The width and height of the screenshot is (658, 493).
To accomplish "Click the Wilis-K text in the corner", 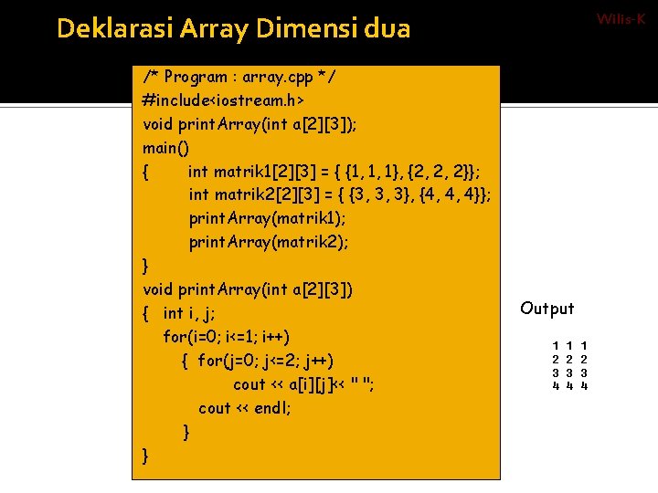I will click(621, 17).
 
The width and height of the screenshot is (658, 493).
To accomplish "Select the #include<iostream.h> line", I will click(224, 100).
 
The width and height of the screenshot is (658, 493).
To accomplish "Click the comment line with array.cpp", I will click(239, 77).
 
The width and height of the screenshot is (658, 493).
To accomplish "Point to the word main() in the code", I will click(166, 147).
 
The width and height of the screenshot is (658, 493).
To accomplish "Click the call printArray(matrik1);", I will click(268, 218).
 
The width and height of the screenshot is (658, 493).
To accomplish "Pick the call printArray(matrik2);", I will click(269, 242).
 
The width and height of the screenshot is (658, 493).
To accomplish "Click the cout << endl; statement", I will click(244, 408).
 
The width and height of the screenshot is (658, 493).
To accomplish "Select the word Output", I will click(547, 309).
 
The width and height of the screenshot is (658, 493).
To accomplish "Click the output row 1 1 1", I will click(569, 347).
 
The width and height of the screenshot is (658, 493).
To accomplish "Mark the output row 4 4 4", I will click(569, 385).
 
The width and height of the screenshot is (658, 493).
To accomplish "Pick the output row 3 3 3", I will click(569, 372).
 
